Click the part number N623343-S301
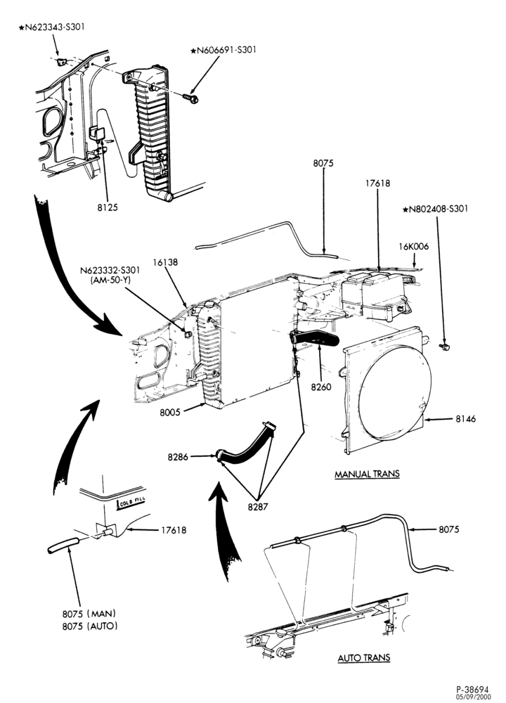(x=51, y=27)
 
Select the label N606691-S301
(x=223, y=50)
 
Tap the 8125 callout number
(x=107, y=207)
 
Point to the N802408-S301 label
(x=436, y=209)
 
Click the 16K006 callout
(x=414, y=247)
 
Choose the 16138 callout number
(x=165, y=262)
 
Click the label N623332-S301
(x=110, y=271)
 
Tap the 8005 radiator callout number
(x=170, y=411)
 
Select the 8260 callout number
(x=322, y=387)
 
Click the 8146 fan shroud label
(x=466, y=419)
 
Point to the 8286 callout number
(x=179, y=457)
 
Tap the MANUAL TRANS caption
(x=367, y=474)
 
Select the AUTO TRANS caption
(x=364, y=658)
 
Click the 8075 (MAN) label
(x=89, y=613)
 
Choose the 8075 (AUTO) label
(x=90, y=626)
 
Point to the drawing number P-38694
(x=472, y=689)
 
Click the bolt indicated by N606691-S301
(x=190, y=97)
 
